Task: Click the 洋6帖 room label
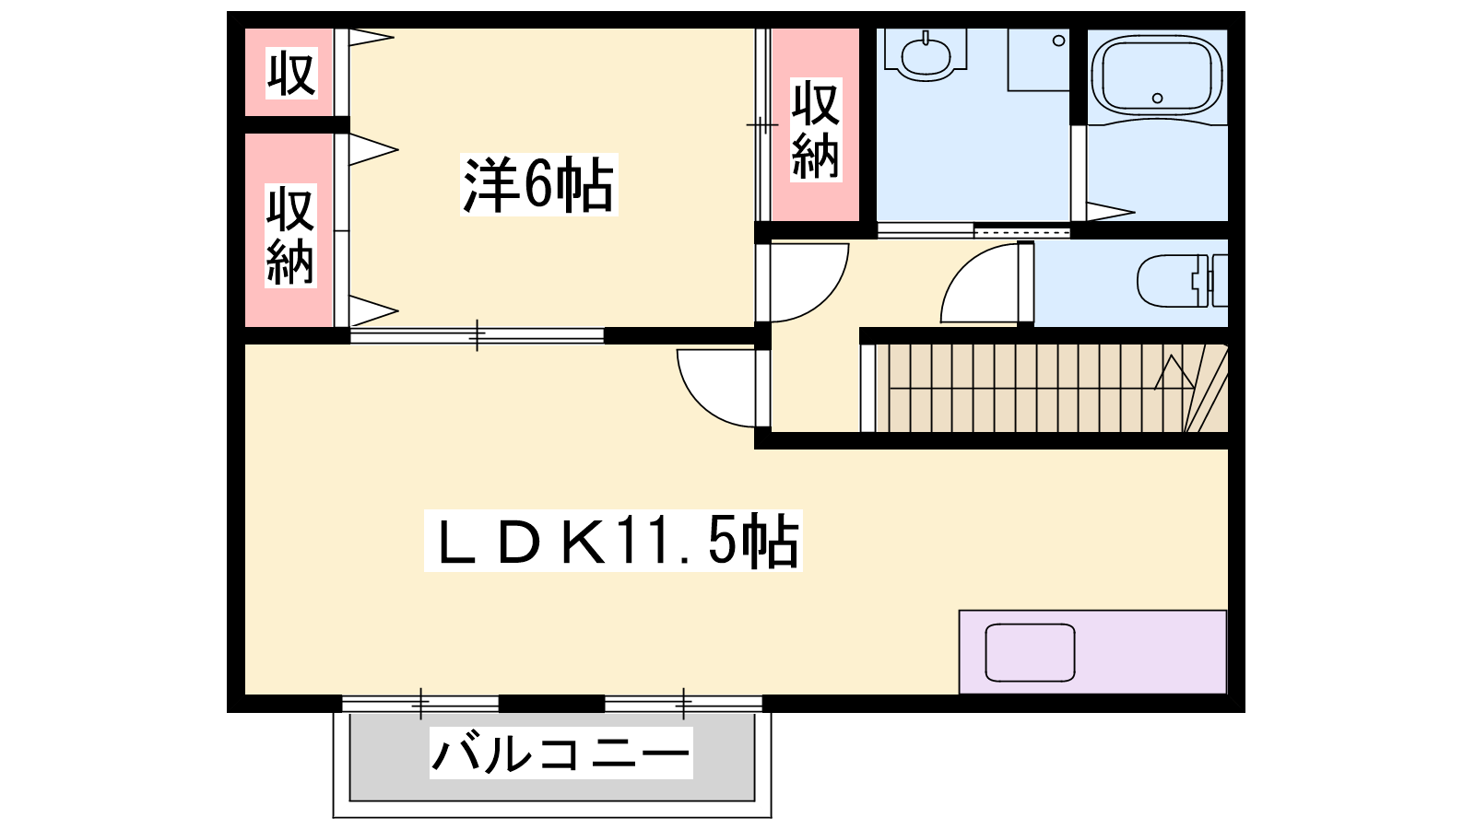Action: tap(538, 185)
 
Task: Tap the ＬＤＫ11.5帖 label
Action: tap(613, 540)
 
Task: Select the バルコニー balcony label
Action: tap(561, 753)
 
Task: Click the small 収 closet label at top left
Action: tap(291, 73)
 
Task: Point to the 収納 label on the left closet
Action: tap(290, 236)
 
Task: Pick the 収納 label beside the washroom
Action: tap(816, 130)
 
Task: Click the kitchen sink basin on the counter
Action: tap(1030, 653)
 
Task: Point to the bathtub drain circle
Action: tap(1157, 98)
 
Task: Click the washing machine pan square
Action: tap(1038, 60)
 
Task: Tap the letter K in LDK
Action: tap(583, 542)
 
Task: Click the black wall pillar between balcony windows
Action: tap(552, 704)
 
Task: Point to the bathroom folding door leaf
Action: tap(1110, 212)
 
